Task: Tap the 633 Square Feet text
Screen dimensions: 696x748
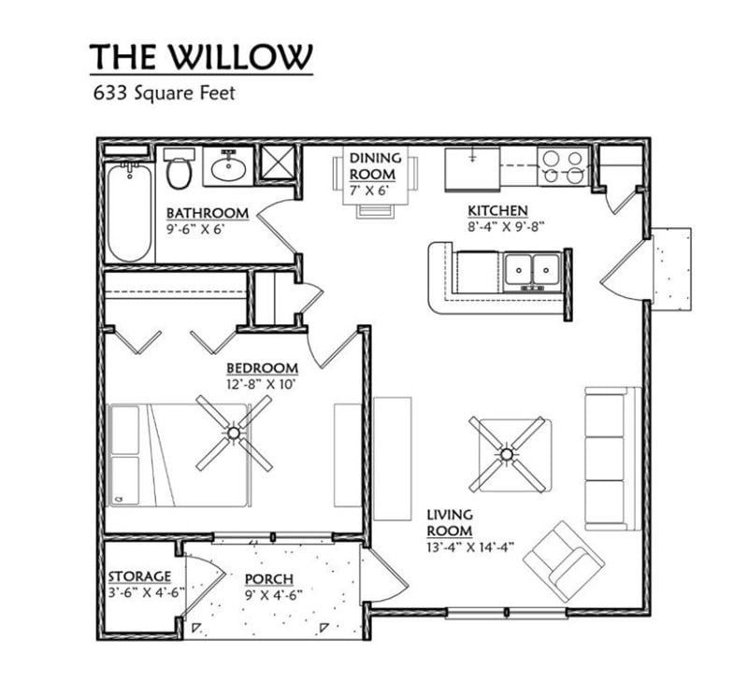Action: [x=161, y=93]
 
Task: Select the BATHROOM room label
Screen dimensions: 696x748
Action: [x=207, y=213]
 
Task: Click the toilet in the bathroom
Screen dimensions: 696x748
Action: [x=179, y=170]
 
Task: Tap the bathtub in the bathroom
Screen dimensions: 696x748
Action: [x=129, y=213]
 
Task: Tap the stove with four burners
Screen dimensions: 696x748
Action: [x=563, y=167]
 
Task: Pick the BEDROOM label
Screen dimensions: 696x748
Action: [x=263, y=368]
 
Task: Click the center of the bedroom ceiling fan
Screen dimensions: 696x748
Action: [x=233, y=433]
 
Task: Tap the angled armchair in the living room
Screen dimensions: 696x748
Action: [x=564, y=560]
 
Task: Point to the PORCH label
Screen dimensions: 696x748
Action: [x=266, y=578]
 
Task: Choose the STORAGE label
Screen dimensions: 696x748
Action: [x=139, y=576]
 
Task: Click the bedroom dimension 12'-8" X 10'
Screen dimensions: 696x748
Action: [x=262, y=384]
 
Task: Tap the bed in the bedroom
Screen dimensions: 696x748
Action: [x=178, y=455]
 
